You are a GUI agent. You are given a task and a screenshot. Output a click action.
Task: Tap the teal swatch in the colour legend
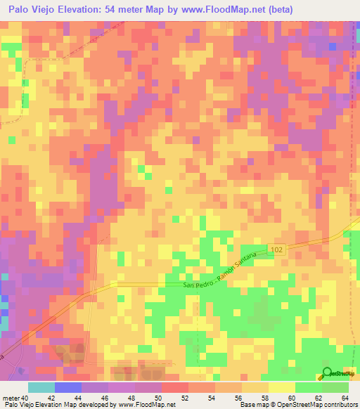(x=41, y=387)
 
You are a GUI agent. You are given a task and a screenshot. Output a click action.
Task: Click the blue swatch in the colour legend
(x=68, y=387)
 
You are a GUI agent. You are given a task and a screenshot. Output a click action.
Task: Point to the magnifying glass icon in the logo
(x=327, y=373)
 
